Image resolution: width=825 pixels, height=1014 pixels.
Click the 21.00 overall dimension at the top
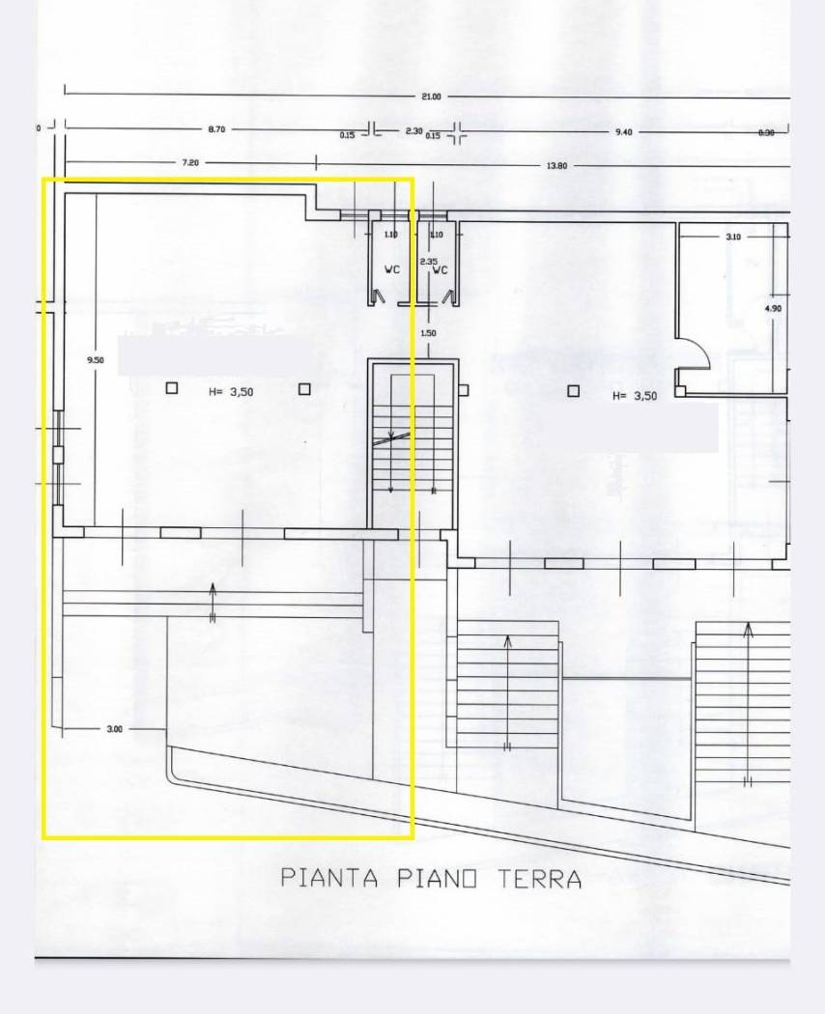pyautogui.click(x=431, y=97)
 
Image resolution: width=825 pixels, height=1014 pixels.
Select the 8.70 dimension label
pyautogui.click(x=216, y=129)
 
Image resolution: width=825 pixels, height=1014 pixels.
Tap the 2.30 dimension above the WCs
pyautogui.click(x=413, y=130)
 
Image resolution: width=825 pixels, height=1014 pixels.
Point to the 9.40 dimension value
pyautogui.click(x=623, y=132)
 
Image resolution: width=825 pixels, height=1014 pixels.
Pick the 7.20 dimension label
pyautogui.click(x=190, y=163)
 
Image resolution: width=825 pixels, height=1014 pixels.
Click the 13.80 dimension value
pyautogui.click(x=557, y=166)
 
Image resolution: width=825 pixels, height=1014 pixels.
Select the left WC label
pyautogui.click(x=391, y=270)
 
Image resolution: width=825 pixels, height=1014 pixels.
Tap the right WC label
pyautogui.click(x=441, y=270)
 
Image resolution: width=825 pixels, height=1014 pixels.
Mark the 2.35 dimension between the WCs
pyautogui.click(x=429, y=262)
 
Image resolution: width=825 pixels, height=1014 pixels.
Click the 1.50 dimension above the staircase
pyautogui.click(x=428, y=333)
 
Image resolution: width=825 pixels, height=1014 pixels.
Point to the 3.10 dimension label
pyautogui.click(x=733, y=236)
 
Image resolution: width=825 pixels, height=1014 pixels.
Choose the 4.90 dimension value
pyautogui.click(x=772, y=308)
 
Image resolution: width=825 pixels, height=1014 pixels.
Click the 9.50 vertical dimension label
pyautogui.click(x=95, y=360)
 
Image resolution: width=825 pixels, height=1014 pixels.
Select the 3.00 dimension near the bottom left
pyautogui.click(x=114, y=729)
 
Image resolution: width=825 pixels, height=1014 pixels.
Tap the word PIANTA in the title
pyautogui.click(x=328, y=878)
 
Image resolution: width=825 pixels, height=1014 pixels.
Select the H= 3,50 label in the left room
pyautogui.click(x=230, y=391)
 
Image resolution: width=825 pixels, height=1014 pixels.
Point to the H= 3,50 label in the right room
pyautogui.click(x=635, y=396)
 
